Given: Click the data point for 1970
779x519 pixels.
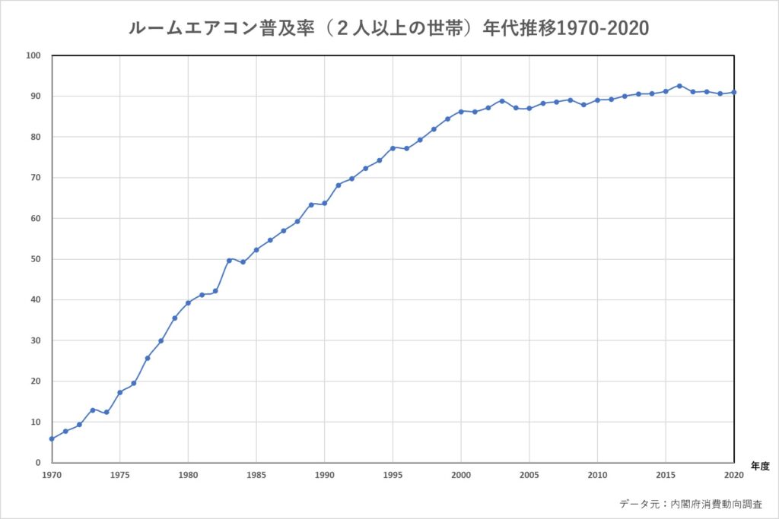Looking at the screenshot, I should [52, 438].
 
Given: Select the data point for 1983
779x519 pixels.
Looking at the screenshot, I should [229, 260].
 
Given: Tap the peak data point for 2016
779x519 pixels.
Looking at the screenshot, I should [679, 86].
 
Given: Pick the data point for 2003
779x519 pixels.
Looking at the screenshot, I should [502, 100].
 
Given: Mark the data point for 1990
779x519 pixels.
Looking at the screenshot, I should [325, 203].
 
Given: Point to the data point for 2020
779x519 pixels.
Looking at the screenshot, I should [733, 92].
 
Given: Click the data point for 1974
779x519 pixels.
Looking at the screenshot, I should [107, 412].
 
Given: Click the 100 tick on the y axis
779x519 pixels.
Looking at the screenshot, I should [33, 55].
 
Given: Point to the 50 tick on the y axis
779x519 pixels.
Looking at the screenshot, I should [35, 259].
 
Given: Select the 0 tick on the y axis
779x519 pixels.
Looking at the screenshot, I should [37, 463].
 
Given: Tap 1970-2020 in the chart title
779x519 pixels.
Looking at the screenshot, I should [603, 28].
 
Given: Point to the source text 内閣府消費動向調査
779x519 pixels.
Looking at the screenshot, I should [713, 504].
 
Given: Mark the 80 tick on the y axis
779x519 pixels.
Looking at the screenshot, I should [35, 137].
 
